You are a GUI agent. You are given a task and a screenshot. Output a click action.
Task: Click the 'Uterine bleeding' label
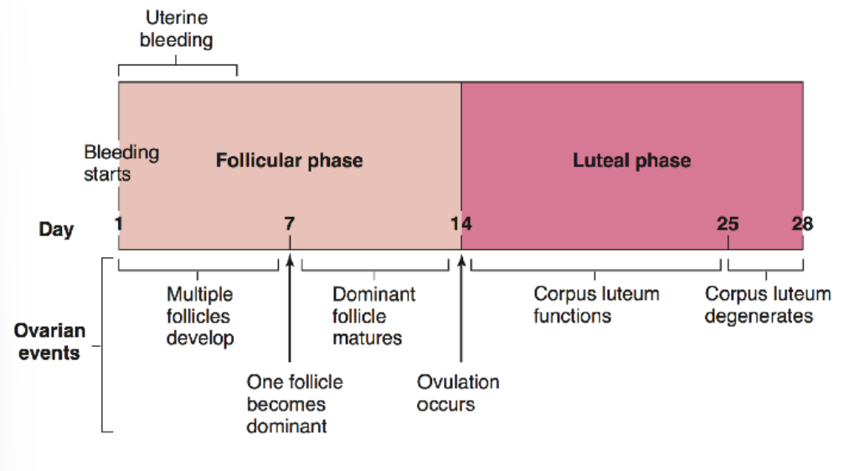[176, 28]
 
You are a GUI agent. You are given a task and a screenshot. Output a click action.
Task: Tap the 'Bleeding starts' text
[121, 163]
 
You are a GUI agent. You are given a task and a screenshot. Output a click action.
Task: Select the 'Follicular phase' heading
[290, 160]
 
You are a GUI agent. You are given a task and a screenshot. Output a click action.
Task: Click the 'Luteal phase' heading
[632, 160]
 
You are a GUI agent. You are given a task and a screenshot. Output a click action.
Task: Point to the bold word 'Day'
[56, 228]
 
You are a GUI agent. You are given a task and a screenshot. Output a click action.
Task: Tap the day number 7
[290, 223]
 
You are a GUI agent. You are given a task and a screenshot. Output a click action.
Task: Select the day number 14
[461, 223]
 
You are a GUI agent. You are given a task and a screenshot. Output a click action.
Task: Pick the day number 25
[728, 223]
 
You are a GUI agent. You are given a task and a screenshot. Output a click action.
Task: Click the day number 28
[802, 223]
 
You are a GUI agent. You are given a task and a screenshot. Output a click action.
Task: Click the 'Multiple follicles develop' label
[199, 316]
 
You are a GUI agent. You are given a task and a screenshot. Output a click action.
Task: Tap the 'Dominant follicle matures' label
[373, 316]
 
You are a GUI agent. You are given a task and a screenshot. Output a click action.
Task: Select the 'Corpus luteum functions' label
[596, 305]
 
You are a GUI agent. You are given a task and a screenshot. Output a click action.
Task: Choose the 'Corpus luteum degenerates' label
[767, 305]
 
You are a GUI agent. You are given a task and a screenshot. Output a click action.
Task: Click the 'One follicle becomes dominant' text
[294, 404]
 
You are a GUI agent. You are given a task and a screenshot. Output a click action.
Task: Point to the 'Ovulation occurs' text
[458, 393]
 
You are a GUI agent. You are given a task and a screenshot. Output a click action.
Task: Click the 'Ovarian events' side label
[48, 342]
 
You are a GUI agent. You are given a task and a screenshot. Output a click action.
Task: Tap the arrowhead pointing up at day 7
[290, 258]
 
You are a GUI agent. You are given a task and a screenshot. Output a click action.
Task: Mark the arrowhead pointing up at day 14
[461, 258]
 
